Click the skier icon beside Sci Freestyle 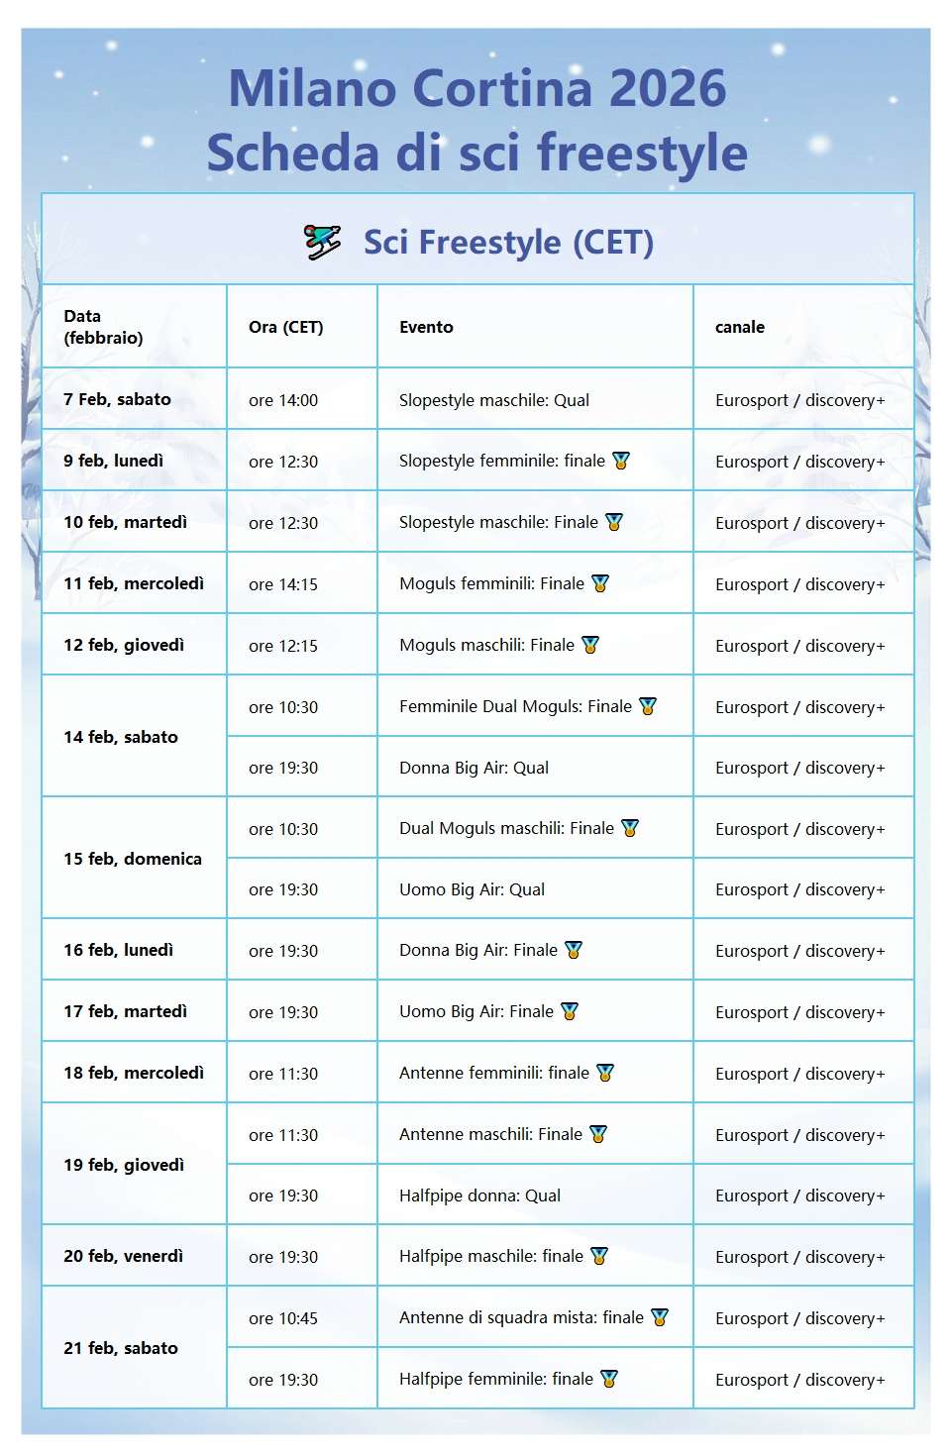pos(323,242)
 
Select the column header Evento pos(426,327)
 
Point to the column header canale pos(739,327)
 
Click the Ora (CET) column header pos(285,327)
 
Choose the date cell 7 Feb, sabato pos(117,399)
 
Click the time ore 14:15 pos(283,584)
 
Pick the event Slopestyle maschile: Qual pos(493,400)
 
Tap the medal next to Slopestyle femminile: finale pos(621,461)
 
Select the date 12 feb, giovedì pos(124,645)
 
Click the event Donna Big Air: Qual pos(474,768)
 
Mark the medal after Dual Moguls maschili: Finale pos(630,828)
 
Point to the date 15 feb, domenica pos(133,859)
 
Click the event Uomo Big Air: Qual pos(472,889)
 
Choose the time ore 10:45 pos(283,1318)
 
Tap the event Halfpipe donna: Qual pos(479,1195)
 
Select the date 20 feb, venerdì pos(123,1256)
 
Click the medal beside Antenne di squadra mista pos(660,1317)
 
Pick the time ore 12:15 pos(283,646)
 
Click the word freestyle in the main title pos(642,154)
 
